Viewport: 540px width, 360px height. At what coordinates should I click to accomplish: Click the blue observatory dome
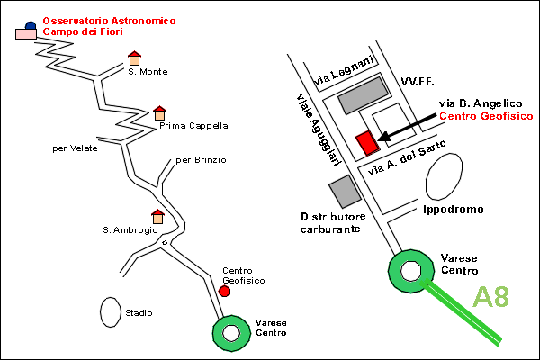[x=31, y=25]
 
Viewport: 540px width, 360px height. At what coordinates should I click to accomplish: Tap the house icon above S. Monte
[x=134, y=58]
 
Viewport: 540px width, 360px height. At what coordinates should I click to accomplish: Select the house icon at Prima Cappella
[x=159, y=113]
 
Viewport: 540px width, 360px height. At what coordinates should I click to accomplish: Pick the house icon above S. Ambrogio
[x=157, y=217]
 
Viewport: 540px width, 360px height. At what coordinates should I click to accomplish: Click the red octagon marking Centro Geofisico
[x=224, y=291]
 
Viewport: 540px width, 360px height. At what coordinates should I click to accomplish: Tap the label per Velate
[x=75, y=148]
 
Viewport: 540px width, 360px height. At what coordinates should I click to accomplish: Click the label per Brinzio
[x=201, y=160]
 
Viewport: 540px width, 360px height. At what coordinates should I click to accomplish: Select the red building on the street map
[x=368, y=143]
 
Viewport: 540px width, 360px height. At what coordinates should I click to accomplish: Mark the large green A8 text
[x=490, y=296]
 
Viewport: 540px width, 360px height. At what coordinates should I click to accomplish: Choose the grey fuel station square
[x=345, y=192]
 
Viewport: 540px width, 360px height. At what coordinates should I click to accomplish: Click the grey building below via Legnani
[x=364, y=95]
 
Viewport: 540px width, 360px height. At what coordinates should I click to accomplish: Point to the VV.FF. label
[x=418, y=82]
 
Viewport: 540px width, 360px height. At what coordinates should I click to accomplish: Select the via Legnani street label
[x=344, y=70]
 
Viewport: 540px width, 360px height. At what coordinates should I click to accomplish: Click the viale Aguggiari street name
[x=319, y=130]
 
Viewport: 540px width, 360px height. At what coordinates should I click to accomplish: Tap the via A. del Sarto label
[x=407, y=157]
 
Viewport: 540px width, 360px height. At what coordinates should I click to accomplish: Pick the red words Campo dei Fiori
[x=83, y=31]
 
